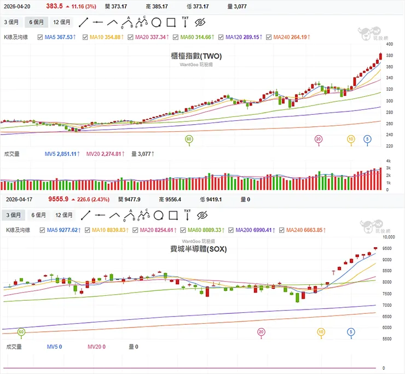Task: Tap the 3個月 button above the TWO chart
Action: tap(12, 22)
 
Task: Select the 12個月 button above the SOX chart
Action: tap(62, 215)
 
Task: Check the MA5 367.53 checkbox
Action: tap(40, 37)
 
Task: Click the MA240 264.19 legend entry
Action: tap(290, 37)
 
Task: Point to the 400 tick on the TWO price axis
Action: tap(390, 56)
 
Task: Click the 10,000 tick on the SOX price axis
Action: tap(388, 237)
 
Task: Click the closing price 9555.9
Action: tap(58, 200)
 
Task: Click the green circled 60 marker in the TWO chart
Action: tap(189, 139)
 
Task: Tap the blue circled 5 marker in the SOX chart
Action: tap(351, 332)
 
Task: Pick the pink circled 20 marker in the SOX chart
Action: tap(261, 332)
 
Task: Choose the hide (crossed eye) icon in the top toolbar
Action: tap(200, 22)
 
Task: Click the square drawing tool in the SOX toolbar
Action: tap(171, 215)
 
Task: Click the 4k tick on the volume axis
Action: tap(388, 161)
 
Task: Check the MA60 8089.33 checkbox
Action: tap(183, 230)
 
